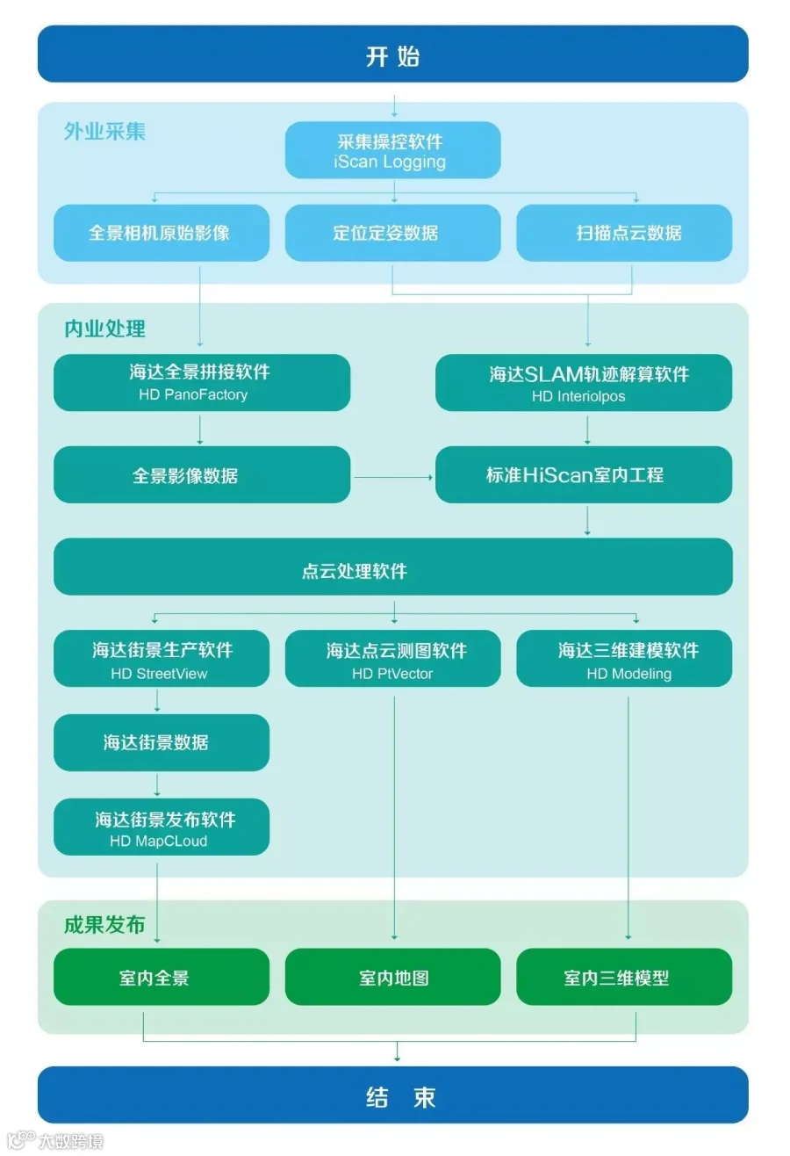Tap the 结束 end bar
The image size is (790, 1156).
(392, 1095)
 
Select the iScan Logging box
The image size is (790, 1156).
(392, 150)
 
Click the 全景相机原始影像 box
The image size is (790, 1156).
(161, 233)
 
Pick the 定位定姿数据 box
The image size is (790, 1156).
(392, 233)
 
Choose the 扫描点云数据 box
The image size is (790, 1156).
(623, 233)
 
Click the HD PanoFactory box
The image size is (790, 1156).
(201, 382)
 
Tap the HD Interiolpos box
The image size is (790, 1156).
(583, 383)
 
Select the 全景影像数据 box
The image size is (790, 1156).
(201, 475)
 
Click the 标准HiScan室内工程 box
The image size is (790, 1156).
(583, 475)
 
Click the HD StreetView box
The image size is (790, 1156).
(161, 659)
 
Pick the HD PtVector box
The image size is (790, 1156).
(392, 659)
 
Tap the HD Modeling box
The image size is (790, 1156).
(623, 659)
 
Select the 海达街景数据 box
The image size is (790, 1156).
(161, 742)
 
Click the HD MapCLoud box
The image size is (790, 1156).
(161, 827)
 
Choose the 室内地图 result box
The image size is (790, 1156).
(392, 977)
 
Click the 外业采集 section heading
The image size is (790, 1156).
(104, 132)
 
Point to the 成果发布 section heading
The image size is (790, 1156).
(104, 925)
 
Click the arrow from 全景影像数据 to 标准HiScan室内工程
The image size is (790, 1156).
(392, 477)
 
